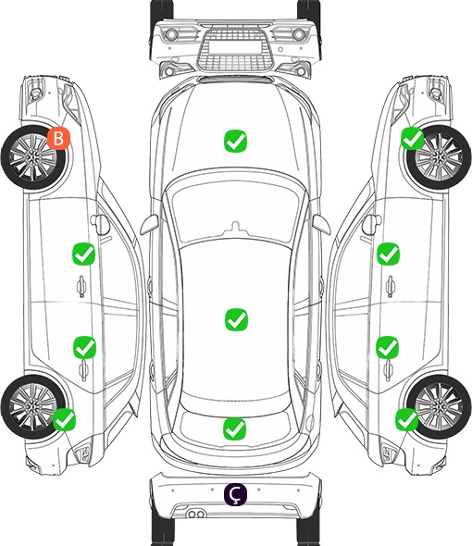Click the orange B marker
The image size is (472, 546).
click(x=59, y=138)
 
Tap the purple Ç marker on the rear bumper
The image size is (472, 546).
click(x=235, y=494)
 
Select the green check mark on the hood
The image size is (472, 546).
click(x=235, y=141)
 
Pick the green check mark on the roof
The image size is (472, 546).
click(x=236, y=319)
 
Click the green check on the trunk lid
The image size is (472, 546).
click(x=234, y=428)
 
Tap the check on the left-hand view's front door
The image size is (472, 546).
click(x=83, y=254)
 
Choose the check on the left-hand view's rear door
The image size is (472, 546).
click(x=84, y=347)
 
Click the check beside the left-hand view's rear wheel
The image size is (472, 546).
click(x=64, y=419)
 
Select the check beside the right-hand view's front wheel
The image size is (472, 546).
click(x=413, y=138)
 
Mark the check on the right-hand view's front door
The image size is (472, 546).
click(x=389, y=254)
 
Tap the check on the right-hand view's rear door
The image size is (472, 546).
click(x=388, y=347)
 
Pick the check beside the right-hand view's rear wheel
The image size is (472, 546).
click(x=406, y=419)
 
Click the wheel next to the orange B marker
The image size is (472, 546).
click(x=33, y=157)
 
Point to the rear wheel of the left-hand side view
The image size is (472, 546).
click(x=32, y=406)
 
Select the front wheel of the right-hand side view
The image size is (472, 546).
click(x=439, y=157)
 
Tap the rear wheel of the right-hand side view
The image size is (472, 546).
click(x=439, y=406)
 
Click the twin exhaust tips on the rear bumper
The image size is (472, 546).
click(x=196, y=514)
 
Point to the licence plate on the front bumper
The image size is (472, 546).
click(x=235, y=46)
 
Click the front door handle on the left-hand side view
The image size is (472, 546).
click(x=81, y=286)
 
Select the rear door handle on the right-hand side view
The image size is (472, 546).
click(x=389, y=371)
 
